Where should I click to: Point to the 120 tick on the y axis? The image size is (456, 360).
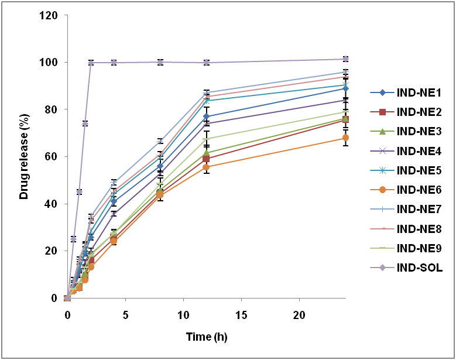pos(49,15)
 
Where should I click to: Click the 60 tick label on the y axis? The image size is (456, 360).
pos(51,157)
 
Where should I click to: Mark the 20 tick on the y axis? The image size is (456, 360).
pos(51,251)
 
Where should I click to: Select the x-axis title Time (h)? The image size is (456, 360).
pos(206,337)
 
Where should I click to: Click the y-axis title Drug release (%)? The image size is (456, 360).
pos(24,156)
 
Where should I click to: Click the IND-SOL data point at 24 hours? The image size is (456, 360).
pos(346,59)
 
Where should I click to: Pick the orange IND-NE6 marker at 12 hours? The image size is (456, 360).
pos(207,167)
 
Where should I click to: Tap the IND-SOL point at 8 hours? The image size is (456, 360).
pos(160,62)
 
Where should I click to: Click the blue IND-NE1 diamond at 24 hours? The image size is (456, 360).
pos(346,88)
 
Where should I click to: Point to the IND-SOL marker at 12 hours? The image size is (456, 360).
pos(207,63)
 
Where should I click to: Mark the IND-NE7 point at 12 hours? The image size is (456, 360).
pos(207,93)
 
